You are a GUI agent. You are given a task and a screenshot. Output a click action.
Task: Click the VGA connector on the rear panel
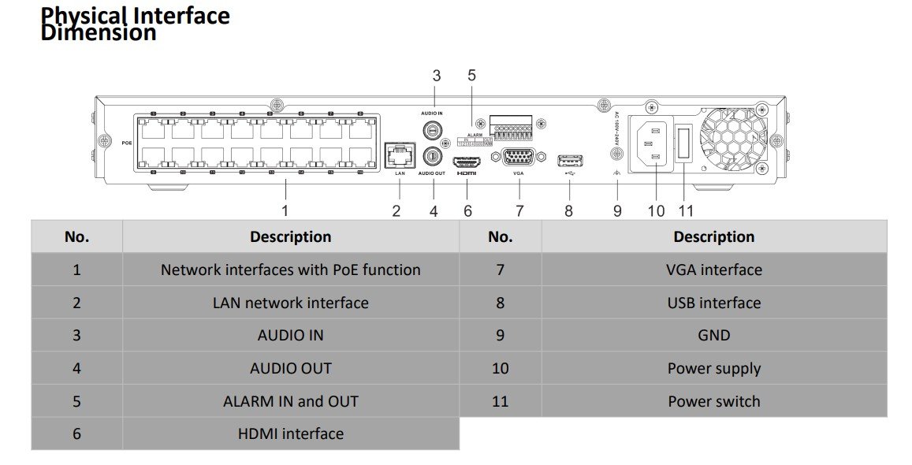519,156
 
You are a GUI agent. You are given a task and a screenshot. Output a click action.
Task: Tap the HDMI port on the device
467,160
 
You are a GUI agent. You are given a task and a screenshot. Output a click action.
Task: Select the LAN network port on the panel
398,154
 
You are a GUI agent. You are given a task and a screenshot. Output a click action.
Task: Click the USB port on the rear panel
570,161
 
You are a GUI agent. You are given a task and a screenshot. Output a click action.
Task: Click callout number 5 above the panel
471,76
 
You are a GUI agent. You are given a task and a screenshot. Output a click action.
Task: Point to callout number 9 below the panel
617,210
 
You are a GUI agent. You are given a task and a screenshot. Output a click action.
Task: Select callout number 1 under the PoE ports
285,210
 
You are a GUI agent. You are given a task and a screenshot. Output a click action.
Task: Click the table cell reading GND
713,335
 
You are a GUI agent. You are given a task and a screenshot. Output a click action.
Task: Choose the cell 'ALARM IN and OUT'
290,401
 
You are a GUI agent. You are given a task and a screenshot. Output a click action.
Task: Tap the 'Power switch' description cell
713,401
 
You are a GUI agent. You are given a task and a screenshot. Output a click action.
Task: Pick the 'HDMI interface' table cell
290,433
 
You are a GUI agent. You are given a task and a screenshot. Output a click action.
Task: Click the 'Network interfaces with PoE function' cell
290,270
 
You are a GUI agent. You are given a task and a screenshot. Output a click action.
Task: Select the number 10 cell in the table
500,368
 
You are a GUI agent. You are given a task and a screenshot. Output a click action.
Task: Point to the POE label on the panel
127,143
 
